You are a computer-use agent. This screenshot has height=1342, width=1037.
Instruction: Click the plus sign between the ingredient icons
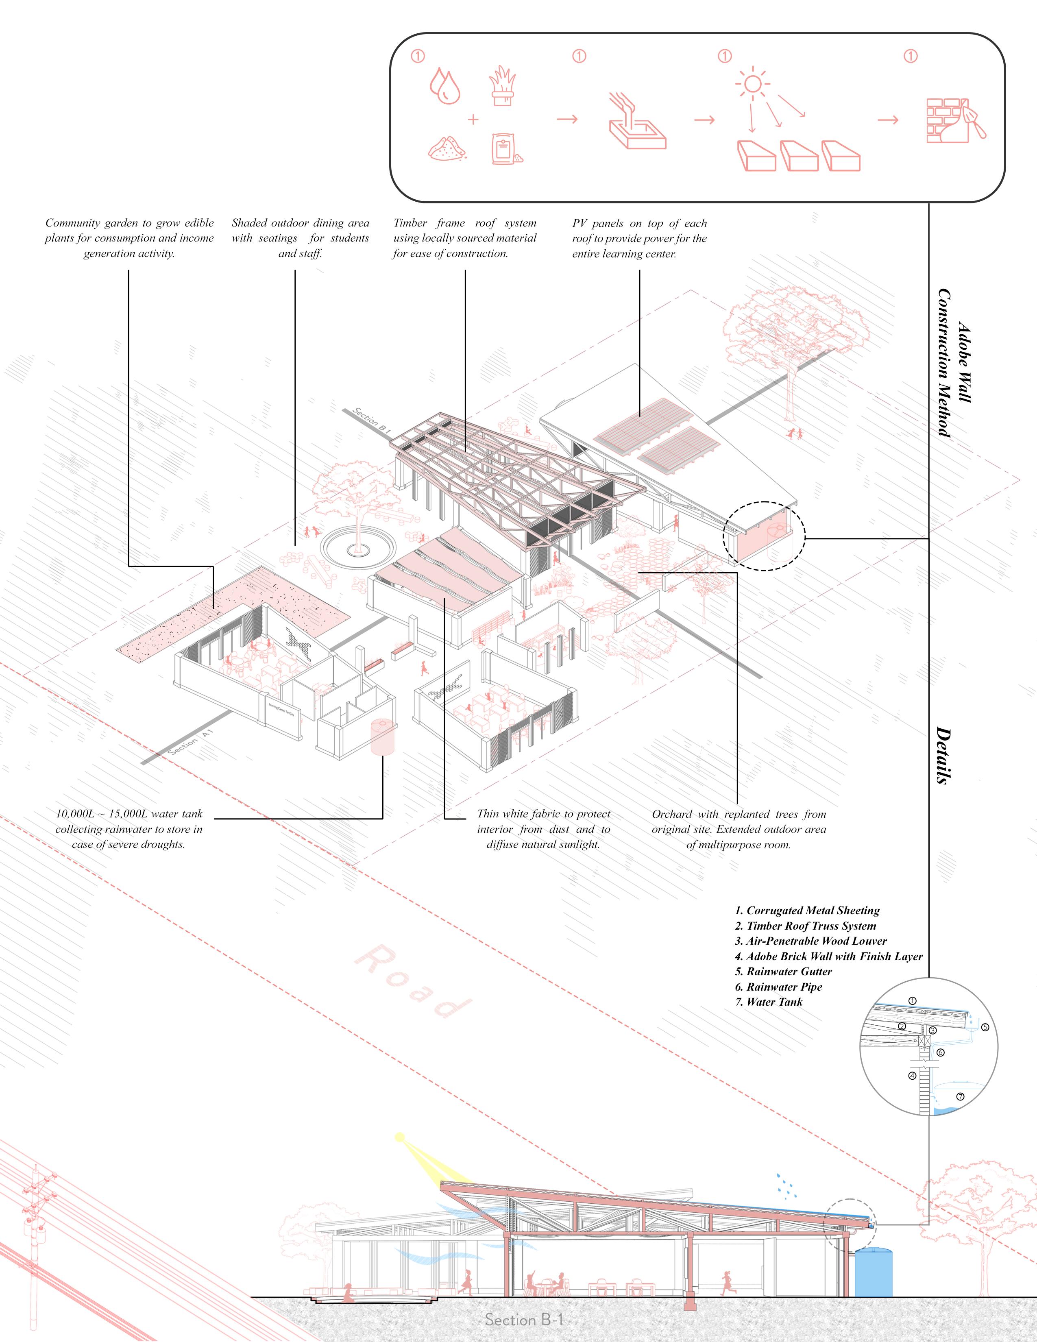[473, 119]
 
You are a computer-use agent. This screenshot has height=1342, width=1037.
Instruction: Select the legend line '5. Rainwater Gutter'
[783, 972]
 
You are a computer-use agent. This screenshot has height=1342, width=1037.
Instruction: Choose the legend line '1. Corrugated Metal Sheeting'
[807, 911]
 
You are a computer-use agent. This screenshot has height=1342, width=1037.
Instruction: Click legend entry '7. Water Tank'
[769, 1002]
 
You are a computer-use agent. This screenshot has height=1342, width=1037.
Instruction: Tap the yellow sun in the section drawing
[401, 1137]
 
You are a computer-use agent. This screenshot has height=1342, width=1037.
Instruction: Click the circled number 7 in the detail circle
[960, 1097]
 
